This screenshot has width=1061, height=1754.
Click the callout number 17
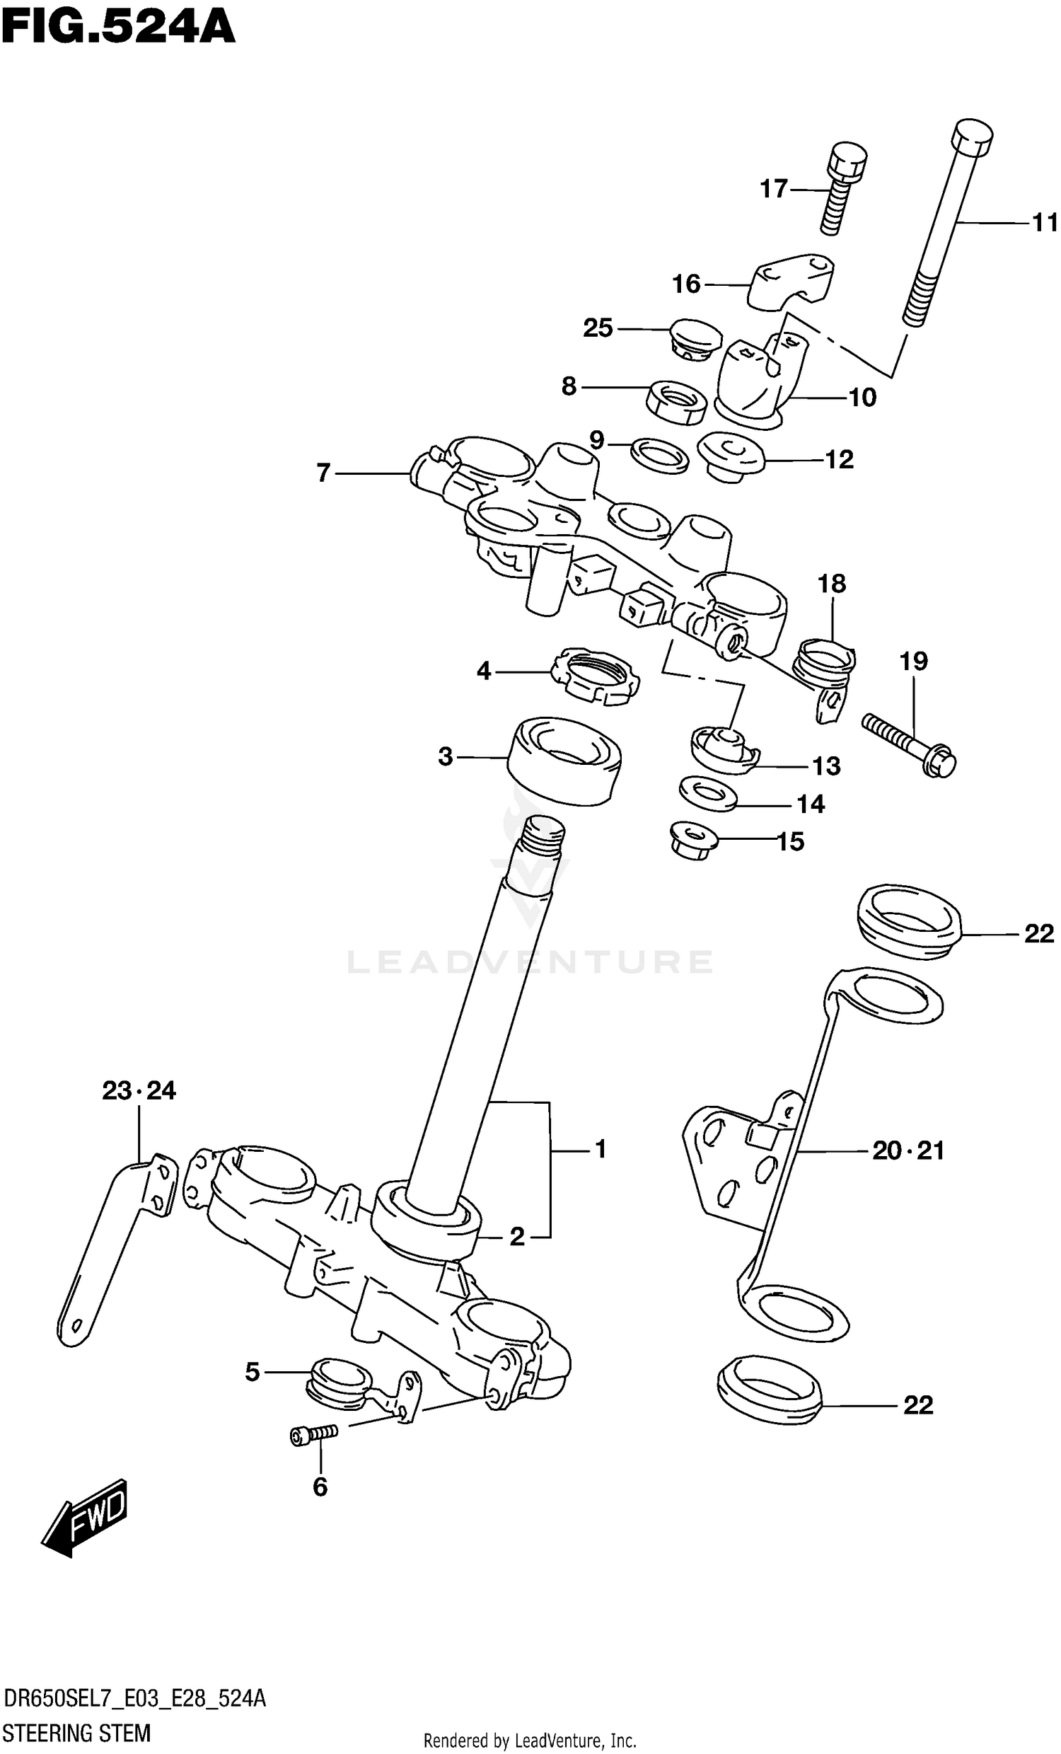774,189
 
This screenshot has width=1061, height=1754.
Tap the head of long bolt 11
973,137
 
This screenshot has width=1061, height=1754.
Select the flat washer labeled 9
660,456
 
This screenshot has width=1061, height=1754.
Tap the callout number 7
323,473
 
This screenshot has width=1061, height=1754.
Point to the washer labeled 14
707,793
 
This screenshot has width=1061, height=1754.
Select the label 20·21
908,1151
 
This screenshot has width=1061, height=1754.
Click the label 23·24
139,1090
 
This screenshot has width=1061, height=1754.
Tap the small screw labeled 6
314,1435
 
